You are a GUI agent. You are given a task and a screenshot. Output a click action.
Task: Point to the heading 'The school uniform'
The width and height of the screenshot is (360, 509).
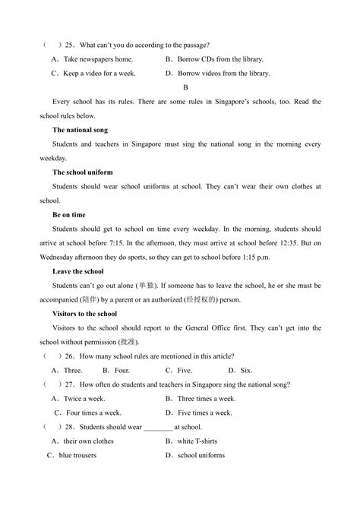(84, 172)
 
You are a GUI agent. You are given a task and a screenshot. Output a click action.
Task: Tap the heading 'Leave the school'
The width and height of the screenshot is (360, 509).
(78, 271)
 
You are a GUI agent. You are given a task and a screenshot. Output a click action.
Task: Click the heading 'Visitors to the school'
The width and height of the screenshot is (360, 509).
(84, 313)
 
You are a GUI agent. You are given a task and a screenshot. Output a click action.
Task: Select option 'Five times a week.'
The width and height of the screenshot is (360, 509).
(205, 413)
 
